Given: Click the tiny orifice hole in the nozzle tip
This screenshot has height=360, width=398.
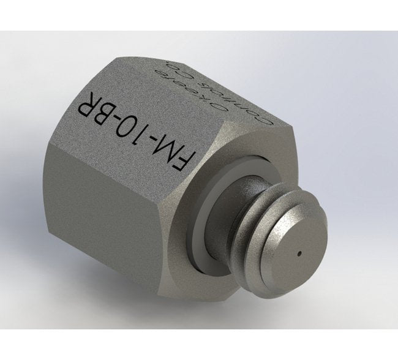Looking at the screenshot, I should [299, 252].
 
